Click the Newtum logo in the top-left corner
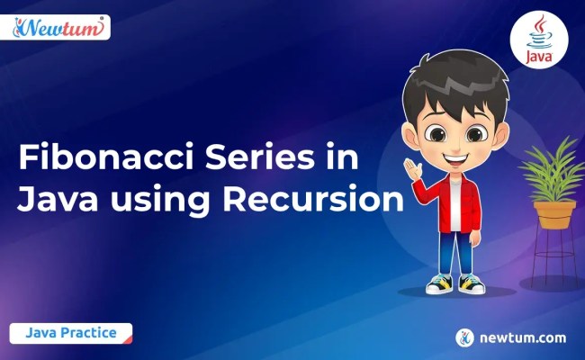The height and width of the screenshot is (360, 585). [60, 28]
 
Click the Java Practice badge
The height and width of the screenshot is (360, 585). [71, 333]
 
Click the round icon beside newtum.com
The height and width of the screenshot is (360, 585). [464, 338]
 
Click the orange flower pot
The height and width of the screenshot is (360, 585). [553, 214]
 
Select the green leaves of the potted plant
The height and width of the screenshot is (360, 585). [551, 171]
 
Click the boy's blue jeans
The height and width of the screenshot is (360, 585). [454, 247]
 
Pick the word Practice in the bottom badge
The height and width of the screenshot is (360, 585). [90, 333]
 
